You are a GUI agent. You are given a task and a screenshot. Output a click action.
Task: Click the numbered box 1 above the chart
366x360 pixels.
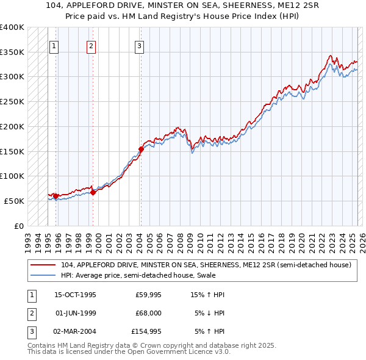coord(54,46)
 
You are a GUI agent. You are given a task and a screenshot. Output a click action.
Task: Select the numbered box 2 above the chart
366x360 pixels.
coord(91,46)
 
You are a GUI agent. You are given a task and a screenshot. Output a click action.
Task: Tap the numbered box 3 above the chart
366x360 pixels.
coord(139,46)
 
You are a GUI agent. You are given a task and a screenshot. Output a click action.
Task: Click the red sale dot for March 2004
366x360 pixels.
coord(141,148)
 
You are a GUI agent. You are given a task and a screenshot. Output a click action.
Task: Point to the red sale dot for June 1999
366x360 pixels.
coord(93,192)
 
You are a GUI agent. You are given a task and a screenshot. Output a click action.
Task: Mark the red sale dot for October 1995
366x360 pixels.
coord(56,196)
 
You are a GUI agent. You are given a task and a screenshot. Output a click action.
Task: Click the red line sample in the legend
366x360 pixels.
coord(43,265)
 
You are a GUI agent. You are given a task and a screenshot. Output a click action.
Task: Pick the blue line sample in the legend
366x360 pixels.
coord(43,275)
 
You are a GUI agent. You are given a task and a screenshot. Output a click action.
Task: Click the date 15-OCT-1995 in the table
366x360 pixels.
coord(76,295)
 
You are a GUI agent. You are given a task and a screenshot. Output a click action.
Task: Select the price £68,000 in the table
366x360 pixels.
coord(148,313)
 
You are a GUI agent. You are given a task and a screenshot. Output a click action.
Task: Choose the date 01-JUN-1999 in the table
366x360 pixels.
coord(76,313)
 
